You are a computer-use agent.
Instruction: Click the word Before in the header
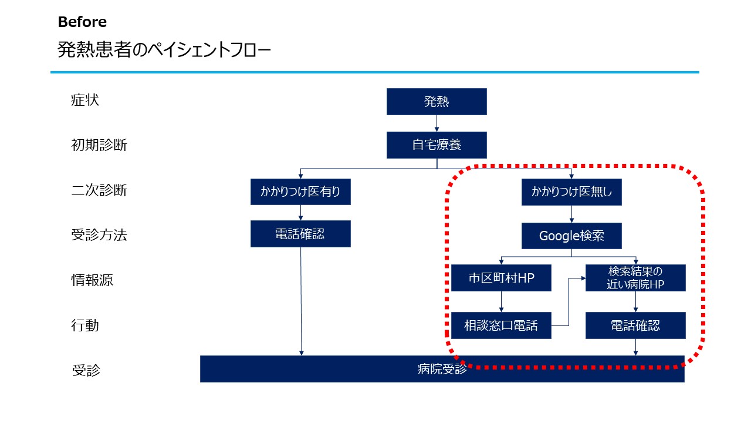[82, 22]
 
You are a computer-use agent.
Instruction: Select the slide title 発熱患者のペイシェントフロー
[164, 50]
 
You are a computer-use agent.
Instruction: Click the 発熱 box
[437, 102]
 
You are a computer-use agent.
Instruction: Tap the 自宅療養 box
[437, 145]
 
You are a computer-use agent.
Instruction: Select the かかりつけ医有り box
[300, 192]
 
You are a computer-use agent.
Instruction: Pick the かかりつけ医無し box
[571, 192]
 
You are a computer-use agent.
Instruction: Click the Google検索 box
[571, 236]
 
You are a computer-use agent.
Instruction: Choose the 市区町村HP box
[501, 278]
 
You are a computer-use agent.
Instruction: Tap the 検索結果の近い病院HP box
[635, 278]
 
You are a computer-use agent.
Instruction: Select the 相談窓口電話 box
[501, 325]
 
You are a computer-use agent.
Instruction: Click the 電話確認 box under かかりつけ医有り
[300, 234]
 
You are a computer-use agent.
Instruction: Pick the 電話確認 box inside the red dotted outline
[635, 325]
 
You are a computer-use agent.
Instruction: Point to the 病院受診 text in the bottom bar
[442, 369]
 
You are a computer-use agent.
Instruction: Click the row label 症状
[85, 100]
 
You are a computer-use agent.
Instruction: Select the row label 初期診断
[99, 145]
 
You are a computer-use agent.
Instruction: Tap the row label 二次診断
[99, 190]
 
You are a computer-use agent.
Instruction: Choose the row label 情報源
[92, 280]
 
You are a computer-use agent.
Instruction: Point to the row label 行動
[85, 325]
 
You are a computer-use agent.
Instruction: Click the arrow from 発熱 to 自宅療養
[437, 123]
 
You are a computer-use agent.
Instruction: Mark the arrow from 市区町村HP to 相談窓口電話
[501, 302]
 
